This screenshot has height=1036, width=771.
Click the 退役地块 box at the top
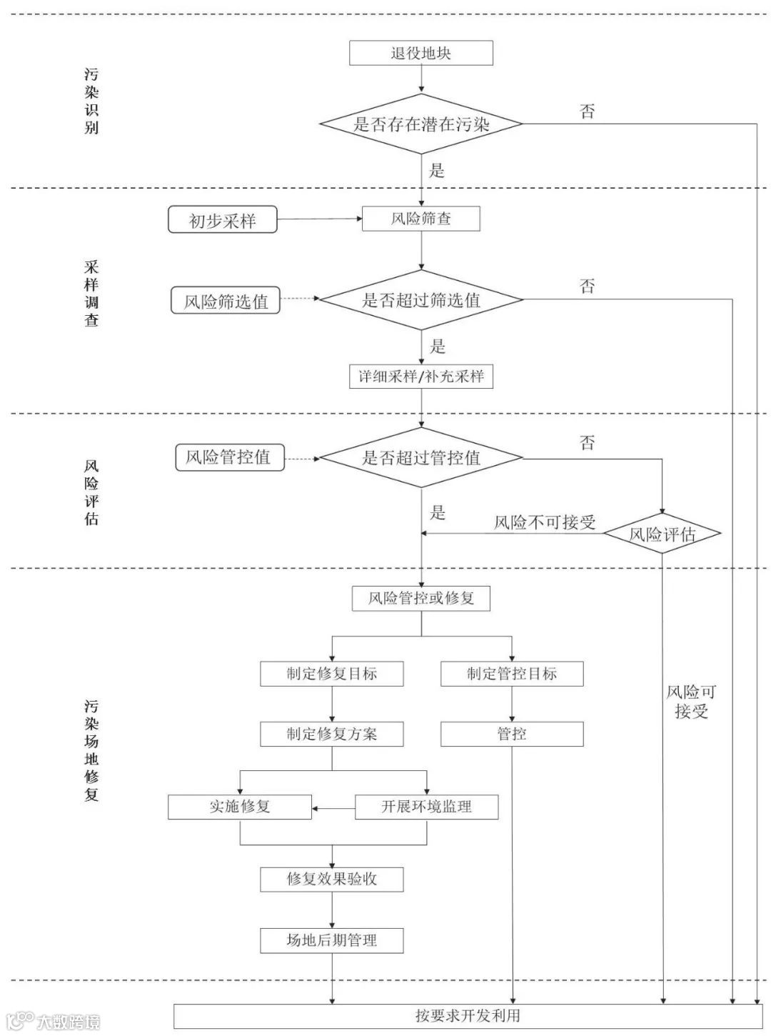pyautogui.click(x=420, y=53)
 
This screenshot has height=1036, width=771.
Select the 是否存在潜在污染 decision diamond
pyautogui.click(x=420, y=124)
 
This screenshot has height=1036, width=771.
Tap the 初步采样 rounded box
pyautogui.click(x=222, y=220)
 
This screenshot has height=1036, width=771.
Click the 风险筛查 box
pyautogui.click(x=420, y=219)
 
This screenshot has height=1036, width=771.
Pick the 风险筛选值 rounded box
pyautogui.click(x=226, y=301)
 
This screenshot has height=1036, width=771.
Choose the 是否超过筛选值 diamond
pyautogui.click(x=420, y=300)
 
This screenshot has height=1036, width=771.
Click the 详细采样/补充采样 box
pyautogui.click(x=420, y=377)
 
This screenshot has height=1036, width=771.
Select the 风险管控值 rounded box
pyautogui.click(x=229, y=457)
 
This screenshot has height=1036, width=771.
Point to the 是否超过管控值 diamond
pyautogui.click(x=420, y=457)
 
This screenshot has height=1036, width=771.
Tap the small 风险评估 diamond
pyautogui.click(x=662, y=534)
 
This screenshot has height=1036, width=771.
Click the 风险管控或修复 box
pyautogui.click(x=420, y=598)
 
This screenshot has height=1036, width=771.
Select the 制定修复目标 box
pyautogui.click(x=331, y=674)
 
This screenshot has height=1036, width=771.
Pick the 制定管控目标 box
pyautogui.click(x=511, y=674)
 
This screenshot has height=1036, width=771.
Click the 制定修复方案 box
pyautogui.click(x=331, y=734)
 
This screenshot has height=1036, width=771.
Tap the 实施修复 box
pyautogui.click(x=240, y=807)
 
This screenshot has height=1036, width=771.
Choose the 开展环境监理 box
pyautogui.click(x=426, y=807)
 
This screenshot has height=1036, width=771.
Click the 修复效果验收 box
pyautogui.click(x=331, y=879)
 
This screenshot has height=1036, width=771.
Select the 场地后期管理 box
pyautogui.click(x=331, y=940)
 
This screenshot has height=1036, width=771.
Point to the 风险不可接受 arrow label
pyautogui.click(x=545, y=522)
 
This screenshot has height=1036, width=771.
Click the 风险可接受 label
pyautogui.click(x=690, y=701)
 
